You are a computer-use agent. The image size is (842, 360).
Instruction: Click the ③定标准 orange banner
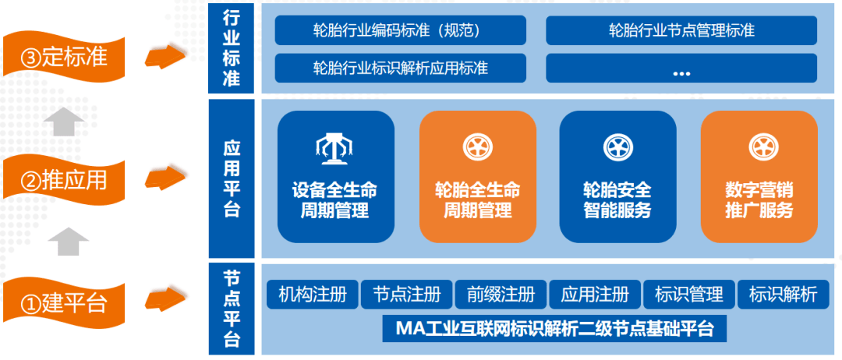(63, 56)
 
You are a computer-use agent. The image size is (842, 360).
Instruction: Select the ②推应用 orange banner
(63, 180)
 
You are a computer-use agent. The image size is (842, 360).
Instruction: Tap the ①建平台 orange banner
(63, 302)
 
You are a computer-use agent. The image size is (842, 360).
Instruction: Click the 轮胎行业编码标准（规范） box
(401, 30)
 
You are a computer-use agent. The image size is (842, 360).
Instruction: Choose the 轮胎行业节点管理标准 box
(681, 30)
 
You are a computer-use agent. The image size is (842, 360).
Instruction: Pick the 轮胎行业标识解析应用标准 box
(401, 68)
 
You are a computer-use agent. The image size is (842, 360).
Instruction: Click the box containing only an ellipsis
(681, 68)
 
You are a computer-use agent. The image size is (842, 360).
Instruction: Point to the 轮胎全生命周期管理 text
(477, 200)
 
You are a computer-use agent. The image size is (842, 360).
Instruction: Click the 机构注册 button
(313, 295)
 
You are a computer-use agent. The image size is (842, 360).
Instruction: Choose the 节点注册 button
(406, 295)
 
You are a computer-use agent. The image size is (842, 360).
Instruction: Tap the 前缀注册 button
(501, 295)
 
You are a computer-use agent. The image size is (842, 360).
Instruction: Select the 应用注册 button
(595, 295)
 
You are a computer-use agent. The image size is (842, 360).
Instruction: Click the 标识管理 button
(689, 295)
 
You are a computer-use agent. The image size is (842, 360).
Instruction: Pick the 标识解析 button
(783, 295)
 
